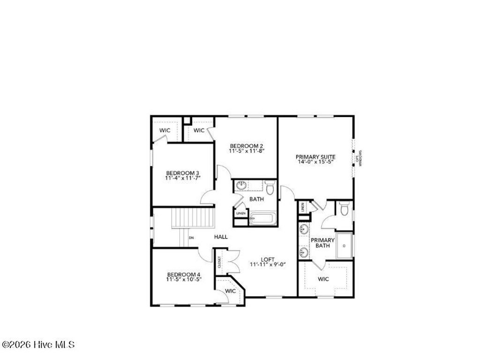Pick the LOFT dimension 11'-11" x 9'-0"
coord(268,264)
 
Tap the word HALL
coord(221,237)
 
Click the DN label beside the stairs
coord(191,238)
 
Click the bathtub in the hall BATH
coord(262,219)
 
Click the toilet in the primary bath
coord(345,209)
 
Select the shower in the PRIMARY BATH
coord(345,246)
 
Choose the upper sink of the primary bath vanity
coord(304,230)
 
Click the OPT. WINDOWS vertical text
coord(360,158)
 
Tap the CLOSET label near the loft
coord(219,263)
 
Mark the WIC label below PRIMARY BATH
coord(323,279)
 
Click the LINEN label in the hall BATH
coord(240,213)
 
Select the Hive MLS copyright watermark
coord(38,345)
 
